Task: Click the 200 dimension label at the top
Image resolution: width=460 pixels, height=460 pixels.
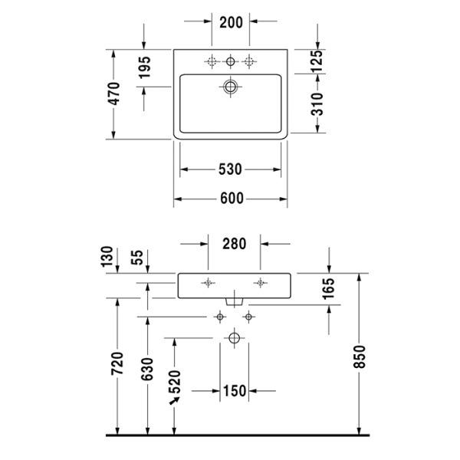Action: click(x=231, y=21)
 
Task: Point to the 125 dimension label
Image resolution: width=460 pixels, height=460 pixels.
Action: click(x=317, y=61)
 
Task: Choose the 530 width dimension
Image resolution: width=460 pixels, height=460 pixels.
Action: click(x=231, y=169)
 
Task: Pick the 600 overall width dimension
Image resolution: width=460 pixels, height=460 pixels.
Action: click(x=231, y=199)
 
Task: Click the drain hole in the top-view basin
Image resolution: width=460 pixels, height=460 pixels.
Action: click(x=230, y=86)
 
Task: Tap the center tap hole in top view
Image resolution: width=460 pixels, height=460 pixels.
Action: click(x=230, y=61)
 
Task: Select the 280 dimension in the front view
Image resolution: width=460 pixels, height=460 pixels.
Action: click(x=234, y=245)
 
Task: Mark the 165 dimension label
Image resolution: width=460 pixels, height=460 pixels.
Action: click(x=328, y=289)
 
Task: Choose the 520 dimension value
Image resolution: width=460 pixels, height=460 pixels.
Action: click(x=175, y=380)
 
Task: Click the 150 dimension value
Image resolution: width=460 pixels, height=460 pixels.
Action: click(x=235, y=391)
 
